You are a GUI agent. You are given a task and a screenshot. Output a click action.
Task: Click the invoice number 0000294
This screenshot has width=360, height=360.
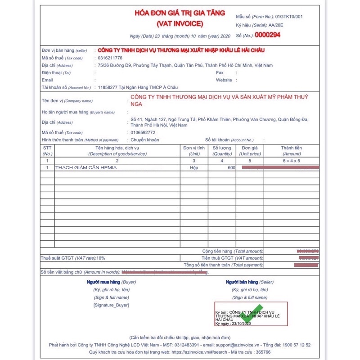point(267,35)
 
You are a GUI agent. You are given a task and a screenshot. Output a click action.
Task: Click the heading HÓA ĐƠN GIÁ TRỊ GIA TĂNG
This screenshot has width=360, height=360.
point(180,13)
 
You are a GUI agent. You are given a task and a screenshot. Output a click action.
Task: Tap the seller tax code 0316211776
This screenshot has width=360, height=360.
point(110,58)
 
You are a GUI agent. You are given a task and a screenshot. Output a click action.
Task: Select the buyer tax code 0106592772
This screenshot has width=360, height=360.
point(143,133)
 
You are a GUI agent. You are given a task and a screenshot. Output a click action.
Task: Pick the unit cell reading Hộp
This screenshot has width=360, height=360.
point(194,168)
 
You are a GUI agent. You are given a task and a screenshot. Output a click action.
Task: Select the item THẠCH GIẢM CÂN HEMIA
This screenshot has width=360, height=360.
point(86,168)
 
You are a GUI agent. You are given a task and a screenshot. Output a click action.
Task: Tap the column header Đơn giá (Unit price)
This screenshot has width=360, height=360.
point(249,151)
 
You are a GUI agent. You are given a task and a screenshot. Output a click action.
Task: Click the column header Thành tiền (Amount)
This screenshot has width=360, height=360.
point(291,151)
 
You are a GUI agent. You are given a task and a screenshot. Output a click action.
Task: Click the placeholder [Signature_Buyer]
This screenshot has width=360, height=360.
point(111,305)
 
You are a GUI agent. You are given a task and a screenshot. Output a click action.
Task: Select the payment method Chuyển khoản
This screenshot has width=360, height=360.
point(144,140)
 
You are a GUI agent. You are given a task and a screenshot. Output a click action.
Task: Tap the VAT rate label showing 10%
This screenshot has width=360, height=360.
point(72,258)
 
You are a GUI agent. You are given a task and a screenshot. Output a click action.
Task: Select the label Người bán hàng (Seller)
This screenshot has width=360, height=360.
point(249,282)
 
